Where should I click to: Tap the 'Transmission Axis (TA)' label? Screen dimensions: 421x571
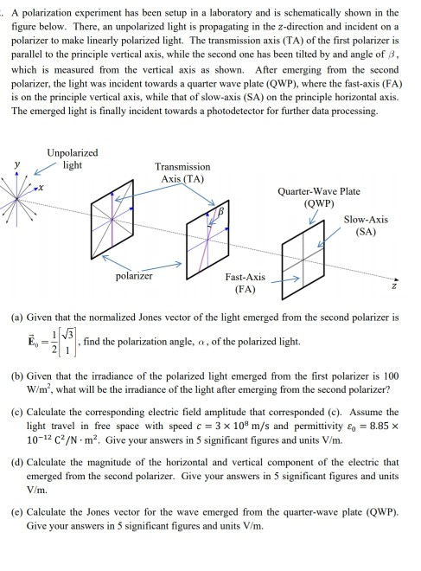182,172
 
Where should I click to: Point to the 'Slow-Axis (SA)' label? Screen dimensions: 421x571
366,226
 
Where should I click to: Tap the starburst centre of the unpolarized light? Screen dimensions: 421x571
16,202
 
